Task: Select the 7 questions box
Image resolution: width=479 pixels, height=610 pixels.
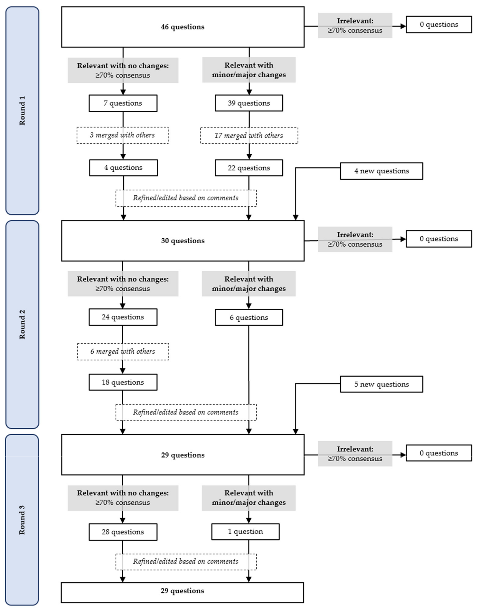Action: (123, 103)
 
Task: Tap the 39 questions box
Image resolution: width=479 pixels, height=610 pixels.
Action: (249, 103)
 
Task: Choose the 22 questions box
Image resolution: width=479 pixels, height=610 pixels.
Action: (249, 168)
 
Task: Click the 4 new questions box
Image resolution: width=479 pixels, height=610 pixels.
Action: (381, 171)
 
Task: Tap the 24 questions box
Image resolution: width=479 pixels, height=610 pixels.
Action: (123, 317)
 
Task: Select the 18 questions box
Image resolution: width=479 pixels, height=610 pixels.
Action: (123, 382)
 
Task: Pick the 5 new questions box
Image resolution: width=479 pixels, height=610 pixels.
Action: (381, 384)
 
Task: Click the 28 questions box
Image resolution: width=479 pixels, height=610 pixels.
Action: (123, 532)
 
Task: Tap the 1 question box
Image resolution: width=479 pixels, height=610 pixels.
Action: (245, 531)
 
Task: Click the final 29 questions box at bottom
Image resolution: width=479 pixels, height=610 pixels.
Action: (182, 591)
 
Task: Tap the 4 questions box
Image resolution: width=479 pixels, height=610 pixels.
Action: (123, 168)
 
